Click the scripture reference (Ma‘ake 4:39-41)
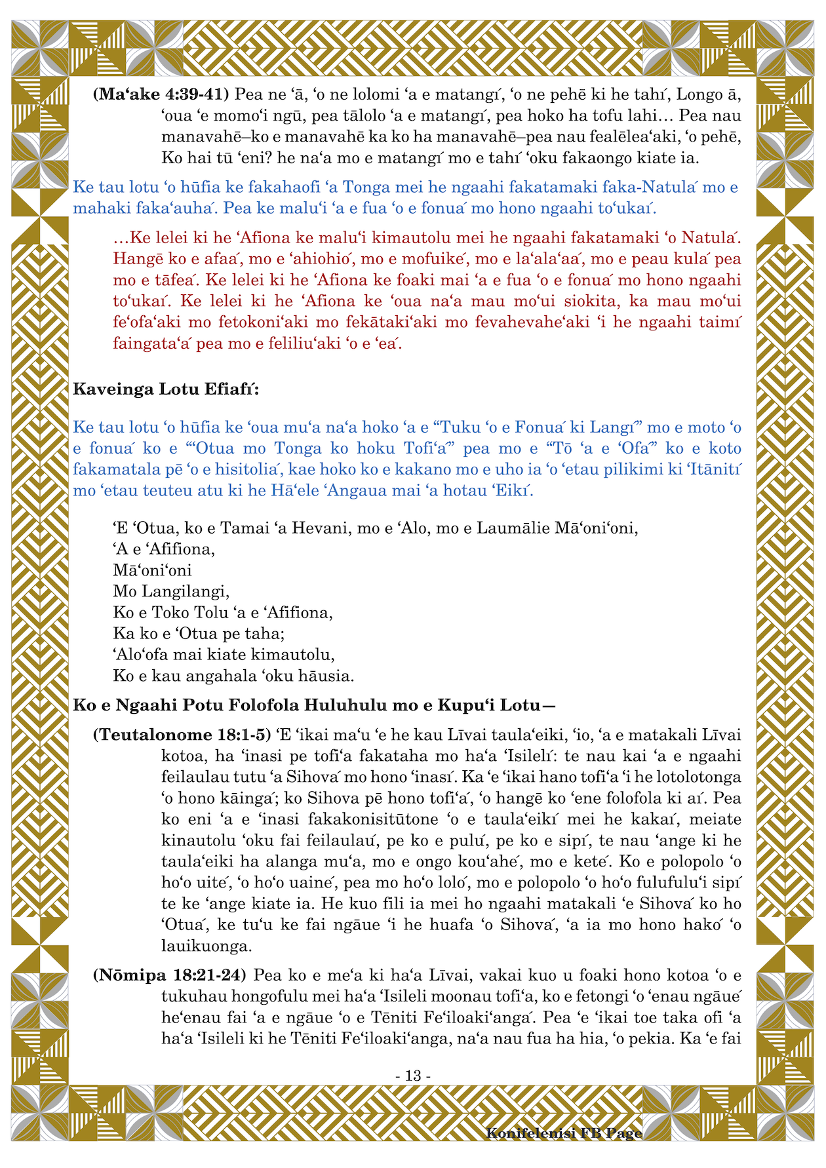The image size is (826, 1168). [x=161, y=94]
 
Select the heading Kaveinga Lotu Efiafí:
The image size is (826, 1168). [x=166, y=389]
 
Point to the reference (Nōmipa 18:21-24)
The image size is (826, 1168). [x=169, y=975]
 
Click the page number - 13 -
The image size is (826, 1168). [x=413, y=1076]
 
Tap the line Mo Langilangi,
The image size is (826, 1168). [x=171, y=591]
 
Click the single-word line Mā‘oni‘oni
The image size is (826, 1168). [x=152, y=570]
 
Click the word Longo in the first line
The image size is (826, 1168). [x=699, y=94]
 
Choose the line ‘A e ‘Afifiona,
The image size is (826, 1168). [x=164, y=549]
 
